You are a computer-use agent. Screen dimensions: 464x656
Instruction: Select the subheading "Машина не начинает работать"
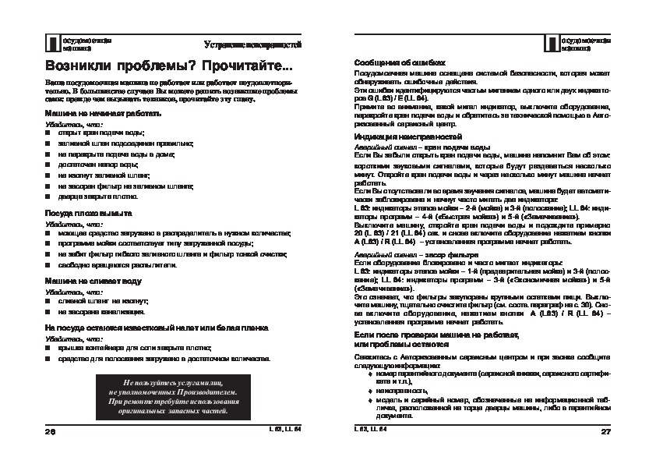(103, 113)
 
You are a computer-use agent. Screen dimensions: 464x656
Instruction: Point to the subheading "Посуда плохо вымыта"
(88, 212)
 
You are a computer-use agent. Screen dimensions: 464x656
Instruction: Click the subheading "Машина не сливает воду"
(93, 279)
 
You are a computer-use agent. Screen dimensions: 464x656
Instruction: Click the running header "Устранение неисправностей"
(253, 43)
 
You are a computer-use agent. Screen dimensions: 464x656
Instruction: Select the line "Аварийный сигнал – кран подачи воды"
(421, 147)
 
